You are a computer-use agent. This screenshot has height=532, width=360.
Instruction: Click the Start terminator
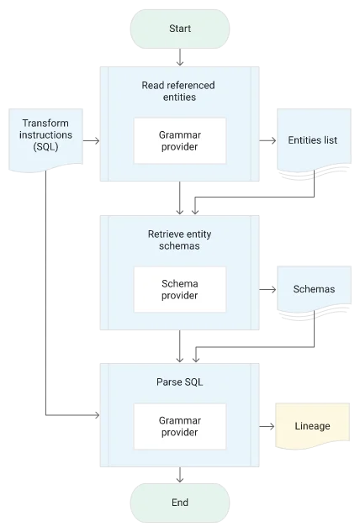pos(180,29)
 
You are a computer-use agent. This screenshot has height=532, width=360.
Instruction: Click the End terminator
pos(180,503)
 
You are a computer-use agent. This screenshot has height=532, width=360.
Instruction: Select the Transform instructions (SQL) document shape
pos(46,140)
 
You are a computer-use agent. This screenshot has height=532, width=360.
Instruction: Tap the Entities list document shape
pos(314,143)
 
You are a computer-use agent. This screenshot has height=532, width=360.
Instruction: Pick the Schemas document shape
pos(314,292)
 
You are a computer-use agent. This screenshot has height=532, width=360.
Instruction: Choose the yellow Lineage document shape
pos(312,426)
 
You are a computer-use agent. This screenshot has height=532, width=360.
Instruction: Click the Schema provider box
pos(180,289)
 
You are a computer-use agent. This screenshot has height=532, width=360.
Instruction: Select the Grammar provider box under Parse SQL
pos(180,426)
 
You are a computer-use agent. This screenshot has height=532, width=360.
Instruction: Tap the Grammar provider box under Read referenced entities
pos(180,141)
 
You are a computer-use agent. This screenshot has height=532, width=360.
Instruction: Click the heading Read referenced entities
pos(178,91)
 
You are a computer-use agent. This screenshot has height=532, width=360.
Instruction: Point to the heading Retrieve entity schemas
pos(180,240)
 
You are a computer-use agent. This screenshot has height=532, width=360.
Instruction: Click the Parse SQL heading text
pos(180,382)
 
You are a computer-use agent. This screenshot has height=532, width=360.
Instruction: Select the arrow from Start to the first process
pos(180,57)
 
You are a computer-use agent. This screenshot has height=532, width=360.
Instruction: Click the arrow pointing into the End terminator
pos(180,475)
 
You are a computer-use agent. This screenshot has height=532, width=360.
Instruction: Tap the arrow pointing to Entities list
pos(268,140)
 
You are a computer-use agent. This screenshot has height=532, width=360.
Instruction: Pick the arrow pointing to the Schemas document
pos(268,289)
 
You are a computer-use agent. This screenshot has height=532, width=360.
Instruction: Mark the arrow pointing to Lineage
pos(267,426)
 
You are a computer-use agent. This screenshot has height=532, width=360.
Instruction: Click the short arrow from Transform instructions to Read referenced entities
pos(92,140)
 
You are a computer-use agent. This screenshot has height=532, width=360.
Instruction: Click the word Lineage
pos(312,426)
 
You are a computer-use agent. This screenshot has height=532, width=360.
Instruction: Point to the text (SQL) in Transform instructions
pos(46,147)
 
